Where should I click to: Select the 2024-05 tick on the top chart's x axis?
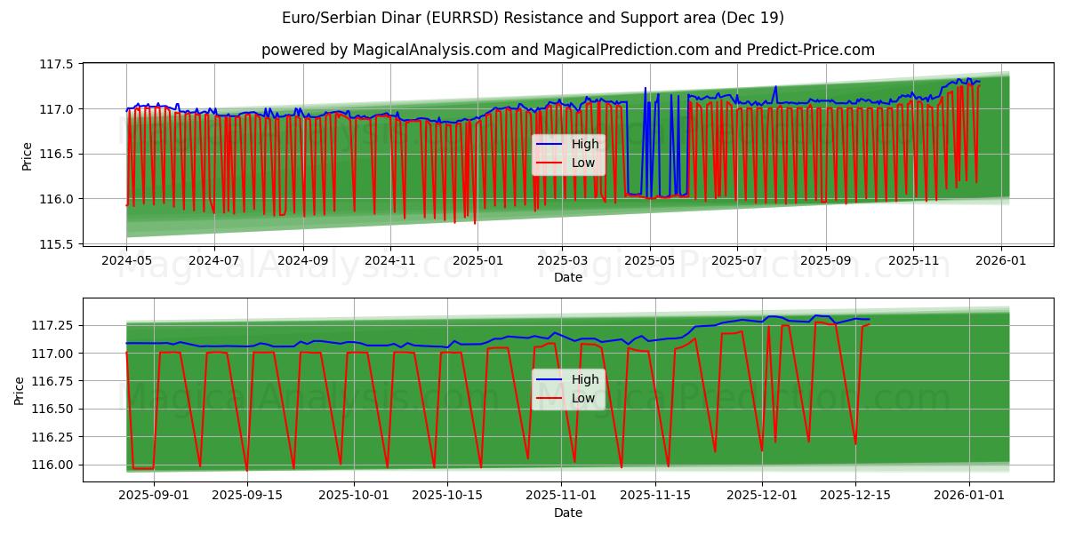(x=126, y=260)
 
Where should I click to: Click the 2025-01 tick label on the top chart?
(x=477, y=260)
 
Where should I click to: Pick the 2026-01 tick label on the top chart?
(x=1001, y=260)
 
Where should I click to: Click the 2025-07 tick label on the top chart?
(x=736, y=260)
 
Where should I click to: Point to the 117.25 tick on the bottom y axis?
(x=52, y=325)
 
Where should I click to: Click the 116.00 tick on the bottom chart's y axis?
(x=52, y=465)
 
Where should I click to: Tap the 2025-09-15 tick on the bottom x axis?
(x=246, y=496)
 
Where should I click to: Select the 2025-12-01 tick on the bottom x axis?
(x=762, y=496)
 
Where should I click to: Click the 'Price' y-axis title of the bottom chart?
(x=20, y=390)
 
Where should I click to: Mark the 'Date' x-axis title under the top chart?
(x=567, y=277)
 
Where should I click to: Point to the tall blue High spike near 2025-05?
(x=646, y=90)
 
